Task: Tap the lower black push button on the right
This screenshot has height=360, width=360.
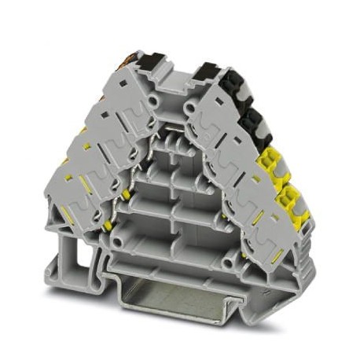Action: [x=253, y=119]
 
